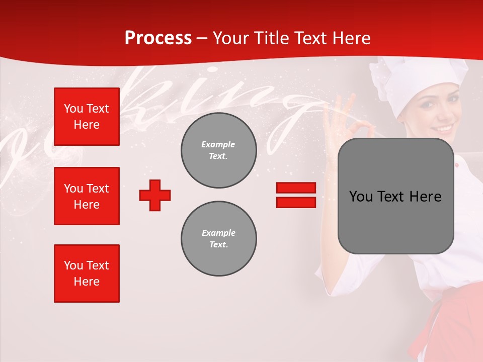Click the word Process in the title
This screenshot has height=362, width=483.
[x=158, y=38]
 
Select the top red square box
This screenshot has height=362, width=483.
[x=87, y=117]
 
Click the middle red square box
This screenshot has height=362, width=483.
[x=87, y=196]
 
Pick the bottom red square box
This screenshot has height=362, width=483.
[x=87, y=274]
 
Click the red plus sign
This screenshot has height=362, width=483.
[x=155, y=195]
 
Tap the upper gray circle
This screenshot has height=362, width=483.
[x=219, y=150]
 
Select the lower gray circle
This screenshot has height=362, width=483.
[x=219, y=238]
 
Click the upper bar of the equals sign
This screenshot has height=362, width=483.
[x=296, y=188]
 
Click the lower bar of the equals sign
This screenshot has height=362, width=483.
[x=296, y=202]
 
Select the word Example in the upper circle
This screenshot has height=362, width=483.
[x=218, y=144]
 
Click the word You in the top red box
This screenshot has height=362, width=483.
[x=72, y=109]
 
